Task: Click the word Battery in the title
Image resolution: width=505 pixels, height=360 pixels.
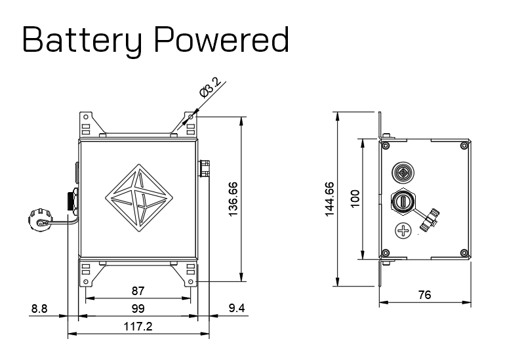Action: [x=82, y=40]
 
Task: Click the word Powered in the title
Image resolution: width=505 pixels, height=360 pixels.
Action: [x=221, y=39]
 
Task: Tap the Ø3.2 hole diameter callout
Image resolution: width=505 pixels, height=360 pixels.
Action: [x=211, y=87]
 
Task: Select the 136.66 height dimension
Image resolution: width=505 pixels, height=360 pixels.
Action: [x=233, y=199]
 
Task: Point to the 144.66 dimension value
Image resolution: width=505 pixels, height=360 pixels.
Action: [x=329, y=199]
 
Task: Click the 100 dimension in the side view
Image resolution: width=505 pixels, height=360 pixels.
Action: [x=355, y=199]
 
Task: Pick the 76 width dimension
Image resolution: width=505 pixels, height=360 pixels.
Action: [x=424, y=294]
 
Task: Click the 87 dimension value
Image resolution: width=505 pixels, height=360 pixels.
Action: [x=138, y=291]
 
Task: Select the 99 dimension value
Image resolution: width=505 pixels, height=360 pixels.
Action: [x=138, y=309]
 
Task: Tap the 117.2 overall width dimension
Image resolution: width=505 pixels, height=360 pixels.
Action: [x=138, y=327]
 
